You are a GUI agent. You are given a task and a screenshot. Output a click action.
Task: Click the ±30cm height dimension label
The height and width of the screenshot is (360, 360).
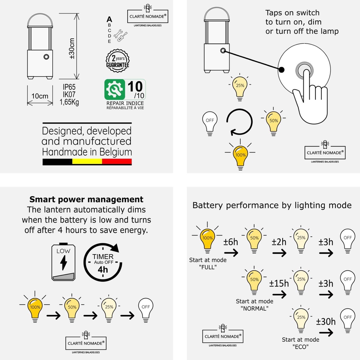[x=72, y=48]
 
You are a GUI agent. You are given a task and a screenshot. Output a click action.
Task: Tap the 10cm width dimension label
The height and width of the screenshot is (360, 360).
[x=40, y=96]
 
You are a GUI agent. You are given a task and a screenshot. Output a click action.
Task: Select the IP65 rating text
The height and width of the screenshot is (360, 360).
[x=69, y=87]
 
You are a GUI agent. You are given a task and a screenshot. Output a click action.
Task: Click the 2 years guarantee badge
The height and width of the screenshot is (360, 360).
[x=117, y=60]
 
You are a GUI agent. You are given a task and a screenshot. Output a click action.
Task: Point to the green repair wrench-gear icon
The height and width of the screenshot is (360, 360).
[x=115, y=89]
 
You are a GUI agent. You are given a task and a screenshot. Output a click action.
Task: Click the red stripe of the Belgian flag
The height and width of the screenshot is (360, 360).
[x=117, y=162]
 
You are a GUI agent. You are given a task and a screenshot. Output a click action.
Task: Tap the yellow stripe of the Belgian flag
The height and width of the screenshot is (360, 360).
[x=87, y=162]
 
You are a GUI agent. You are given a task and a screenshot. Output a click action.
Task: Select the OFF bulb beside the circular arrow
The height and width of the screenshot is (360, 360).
[x=210, y=123]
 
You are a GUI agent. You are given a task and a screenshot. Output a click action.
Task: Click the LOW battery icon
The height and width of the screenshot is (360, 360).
[x=63, y=262]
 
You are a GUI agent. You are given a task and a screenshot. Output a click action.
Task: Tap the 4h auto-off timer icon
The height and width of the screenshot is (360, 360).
[x=103, y=262]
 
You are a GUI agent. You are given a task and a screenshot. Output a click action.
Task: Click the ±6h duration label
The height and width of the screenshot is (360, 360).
[x=231, y=242]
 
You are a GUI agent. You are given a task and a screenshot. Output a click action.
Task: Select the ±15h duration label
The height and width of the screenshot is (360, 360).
[x=279, y=283]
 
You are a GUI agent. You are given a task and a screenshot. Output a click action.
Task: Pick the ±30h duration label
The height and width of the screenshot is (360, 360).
[x=326, y=322]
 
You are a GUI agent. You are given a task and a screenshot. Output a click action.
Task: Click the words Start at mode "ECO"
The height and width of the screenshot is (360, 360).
[x=301, y=343]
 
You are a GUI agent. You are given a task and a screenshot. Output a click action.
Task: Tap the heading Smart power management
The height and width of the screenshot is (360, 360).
[x=86, y=199]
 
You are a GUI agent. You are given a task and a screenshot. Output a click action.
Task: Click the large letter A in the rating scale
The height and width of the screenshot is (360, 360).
[x=110, y=19]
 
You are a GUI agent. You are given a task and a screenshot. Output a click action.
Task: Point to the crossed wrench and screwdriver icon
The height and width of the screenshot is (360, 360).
[x=121, y=36]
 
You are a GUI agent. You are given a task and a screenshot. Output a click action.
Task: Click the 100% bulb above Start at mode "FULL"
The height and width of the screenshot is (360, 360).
[x=207, y=238]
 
